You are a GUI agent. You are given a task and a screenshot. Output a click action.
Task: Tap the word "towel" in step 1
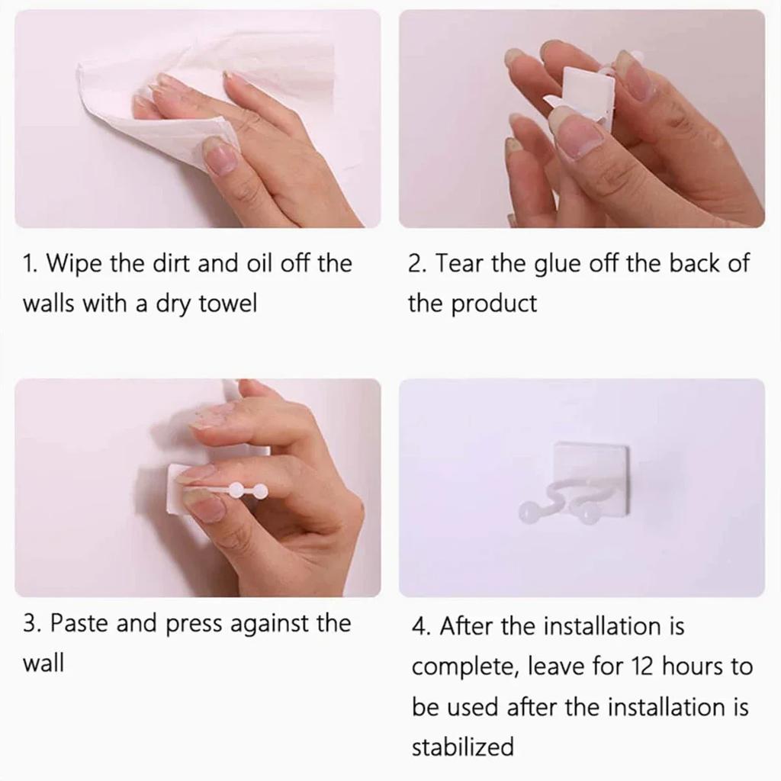(x=227, y=304)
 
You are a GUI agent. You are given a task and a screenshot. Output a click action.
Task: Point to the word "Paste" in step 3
(x=79, y=623)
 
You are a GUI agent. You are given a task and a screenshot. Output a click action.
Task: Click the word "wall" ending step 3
(x=43, y=664)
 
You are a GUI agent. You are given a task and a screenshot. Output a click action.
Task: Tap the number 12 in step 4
(x=641, y=667)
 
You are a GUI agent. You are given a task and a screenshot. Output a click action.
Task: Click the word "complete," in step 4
(x=465, y=667)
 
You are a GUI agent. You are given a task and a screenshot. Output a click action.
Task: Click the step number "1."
(x=31, y=264)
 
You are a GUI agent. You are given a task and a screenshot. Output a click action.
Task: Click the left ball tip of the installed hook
(x=527, y=512)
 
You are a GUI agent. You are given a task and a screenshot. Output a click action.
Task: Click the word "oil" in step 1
(x=259, y=263)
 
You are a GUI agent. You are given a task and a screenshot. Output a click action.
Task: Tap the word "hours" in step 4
(x=693, y=667)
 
